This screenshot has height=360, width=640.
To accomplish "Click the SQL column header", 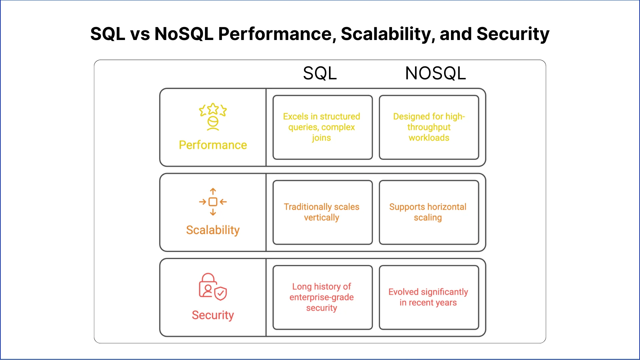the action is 320,73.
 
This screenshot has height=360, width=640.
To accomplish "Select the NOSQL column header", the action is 435,73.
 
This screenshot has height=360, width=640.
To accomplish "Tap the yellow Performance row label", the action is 213,145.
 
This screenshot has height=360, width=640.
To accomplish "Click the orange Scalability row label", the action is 213,230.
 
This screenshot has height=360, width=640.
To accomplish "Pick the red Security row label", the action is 213,315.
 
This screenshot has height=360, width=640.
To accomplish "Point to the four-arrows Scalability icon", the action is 213,202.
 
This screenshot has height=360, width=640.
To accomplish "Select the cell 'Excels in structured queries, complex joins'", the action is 323,127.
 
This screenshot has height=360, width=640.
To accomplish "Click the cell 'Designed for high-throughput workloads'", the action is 429,127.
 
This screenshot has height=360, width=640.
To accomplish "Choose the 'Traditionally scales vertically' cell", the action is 323,212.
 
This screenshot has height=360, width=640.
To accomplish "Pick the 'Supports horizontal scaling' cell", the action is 429,212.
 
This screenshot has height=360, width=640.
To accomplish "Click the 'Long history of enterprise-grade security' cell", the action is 323,297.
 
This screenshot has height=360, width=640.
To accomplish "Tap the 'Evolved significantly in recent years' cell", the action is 429,297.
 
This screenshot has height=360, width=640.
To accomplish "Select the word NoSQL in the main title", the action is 184,34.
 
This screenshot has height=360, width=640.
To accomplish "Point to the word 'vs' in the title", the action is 140,35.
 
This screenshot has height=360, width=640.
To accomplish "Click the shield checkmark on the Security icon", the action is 221,294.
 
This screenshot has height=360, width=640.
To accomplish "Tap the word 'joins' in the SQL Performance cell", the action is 322,138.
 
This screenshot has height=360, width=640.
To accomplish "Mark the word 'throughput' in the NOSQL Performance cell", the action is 429,127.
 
